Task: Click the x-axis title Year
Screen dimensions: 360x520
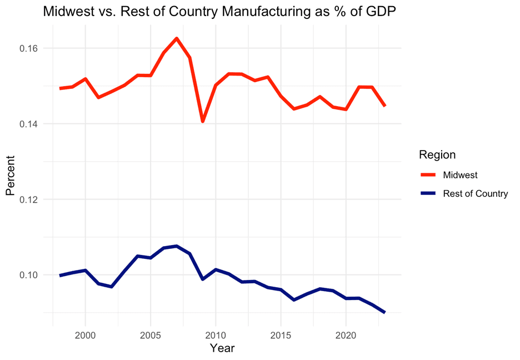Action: coord(222,349)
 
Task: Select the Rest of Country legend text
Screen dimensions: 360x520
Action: coord(476,193)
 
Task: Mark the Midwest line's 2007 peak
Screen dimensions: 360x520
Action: coord(177,38)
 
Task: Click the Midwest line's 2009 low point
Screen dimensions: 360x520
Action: coord(203,121)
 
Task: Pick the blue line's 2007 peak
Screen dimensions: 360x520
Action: coord(177,246)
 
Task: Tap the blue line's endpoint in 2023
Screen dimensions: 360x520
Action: coord(384,312)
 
